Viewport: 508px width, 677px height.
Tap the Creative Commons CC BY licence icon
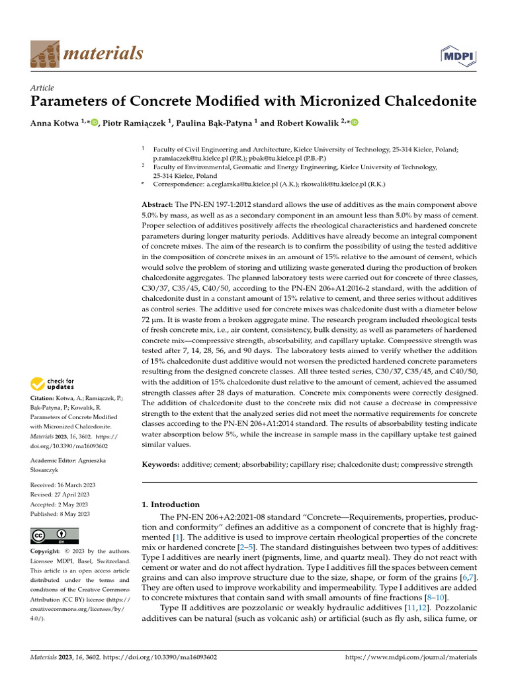click(54, 536)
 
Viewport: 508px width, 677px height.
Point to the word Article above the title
click(42, 88)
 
